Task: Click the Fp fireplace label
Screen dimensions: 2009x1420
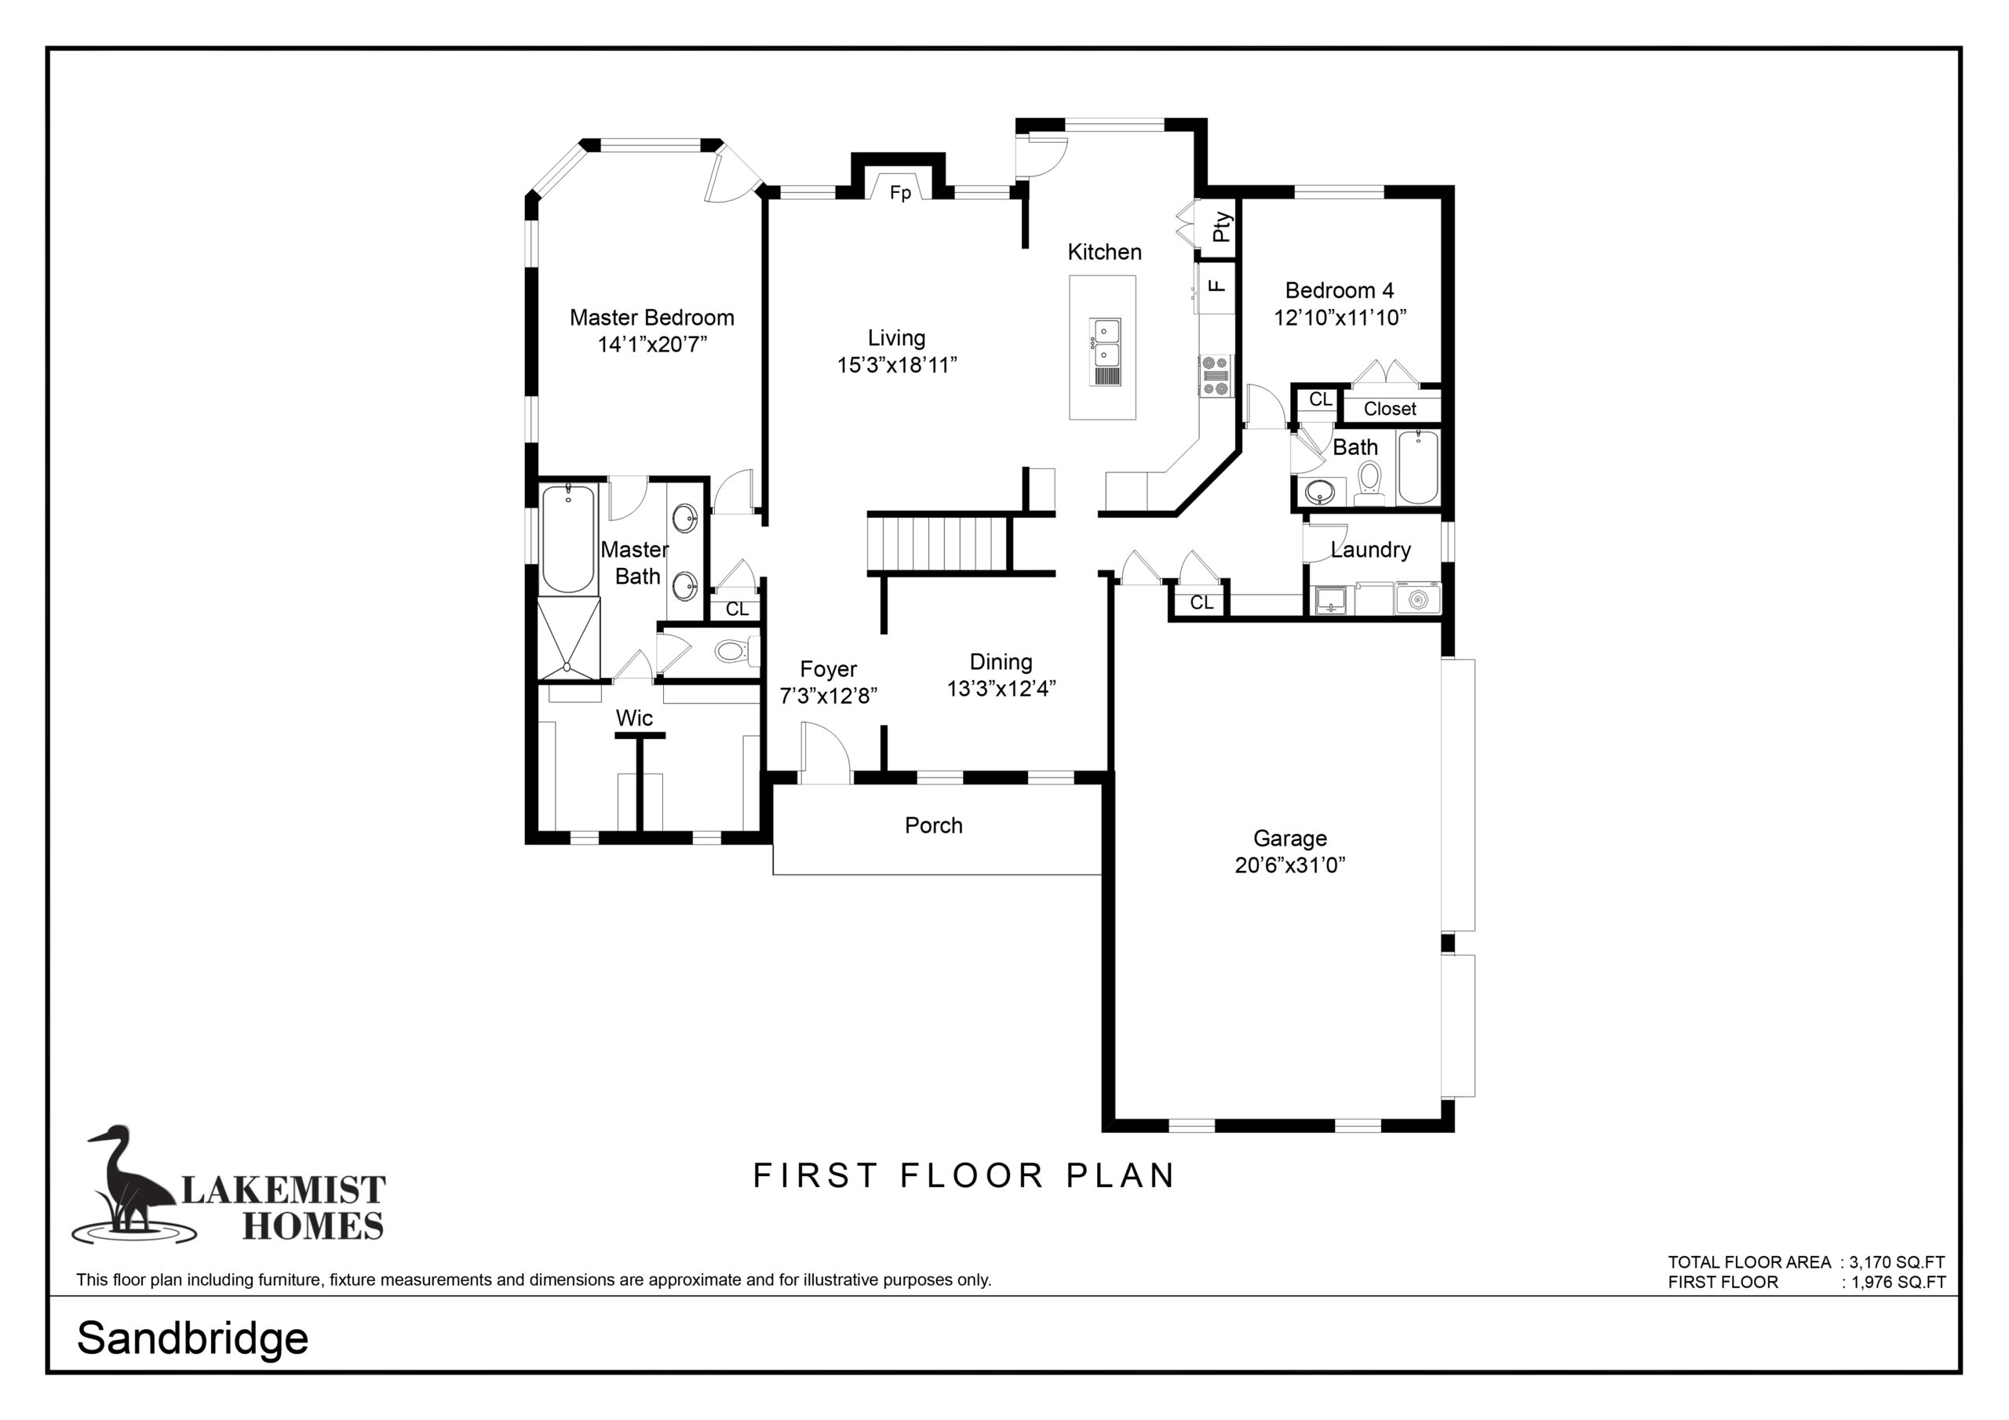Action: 899,192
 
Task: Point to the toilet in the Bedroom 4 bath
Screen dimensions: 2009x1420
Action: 1369,484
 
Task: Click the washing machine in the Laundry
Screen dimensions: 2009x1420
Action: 1417,599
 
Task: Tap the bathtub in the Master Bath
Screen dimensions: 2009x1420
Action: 568,539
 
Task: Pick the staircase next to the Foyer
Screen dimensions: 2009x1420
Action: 938,544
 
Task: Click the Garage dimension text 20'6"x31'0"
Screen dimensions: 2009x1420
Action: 1289,865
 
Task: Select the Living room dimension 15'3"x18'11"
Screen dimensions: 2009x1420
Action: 897,365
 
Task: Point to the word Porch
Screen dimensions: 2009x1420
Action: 934,825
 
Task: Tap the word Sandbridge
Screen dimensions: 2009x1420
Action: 192,1338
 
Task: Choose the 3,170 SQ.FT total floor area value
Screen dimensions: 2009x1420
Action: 1897,1262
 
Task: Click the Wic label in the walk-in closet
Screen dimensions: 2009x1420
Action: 634,719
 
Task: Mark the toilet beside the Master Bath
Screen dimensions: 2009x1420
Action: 735,651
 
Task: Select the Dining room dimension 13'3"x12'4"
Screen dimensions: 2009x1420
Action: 1001,689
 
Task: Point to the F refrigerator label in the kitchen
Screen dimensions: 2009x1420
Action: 1216,286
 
